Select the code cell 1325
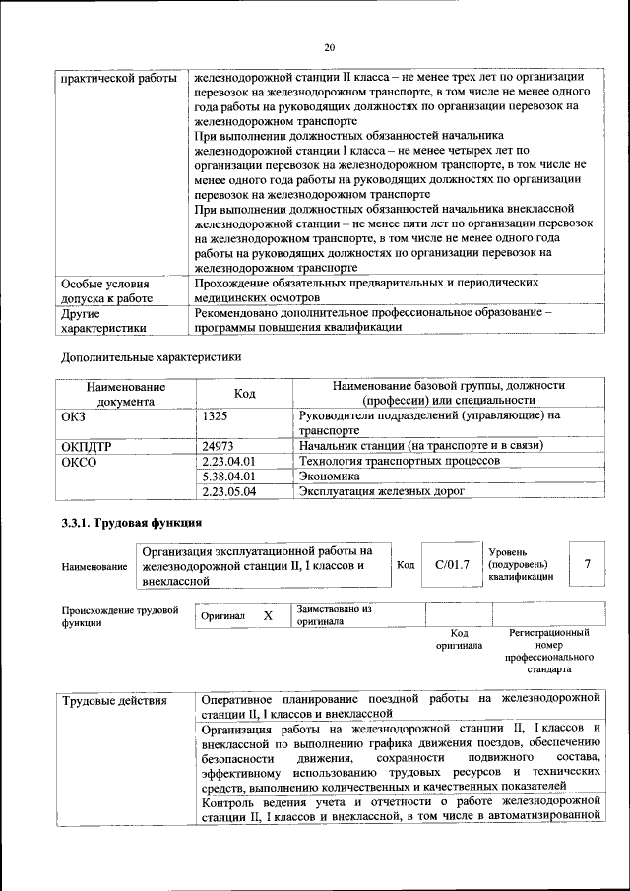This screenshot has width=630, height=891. (x=215, y=416)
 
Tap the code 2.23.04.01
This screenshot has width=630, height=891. (x=227, y=461)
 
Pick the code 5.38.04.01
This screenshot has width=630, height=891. (x=227, y=476)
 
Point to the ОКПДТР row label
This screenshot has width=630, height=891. (x=88, y=446)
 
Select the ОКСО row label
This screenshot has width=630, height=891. (x=80, y=461)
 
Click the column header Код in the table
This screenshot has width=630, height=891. (x=245, y=394)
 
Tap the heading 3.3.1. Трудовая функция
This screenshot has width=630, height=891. (x=132, y=523)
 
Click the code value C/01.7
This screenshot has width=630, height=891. (x=452, y=565)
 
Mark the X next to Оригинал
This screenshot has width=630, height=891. (x=267, y=615)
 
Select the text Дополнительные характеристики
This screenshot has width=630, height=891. (x=151, y=356)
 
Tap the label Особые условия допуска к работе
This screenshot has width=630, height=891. (x=105, y=288)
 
